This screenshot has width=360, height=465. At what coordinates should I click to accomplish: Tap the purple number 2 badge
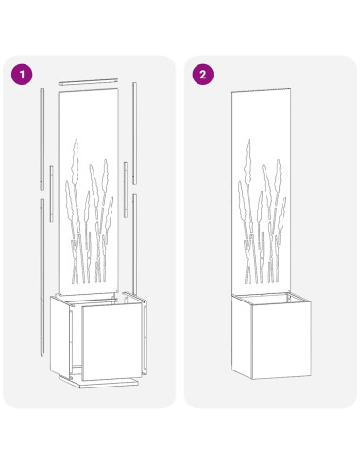tap(202, 73)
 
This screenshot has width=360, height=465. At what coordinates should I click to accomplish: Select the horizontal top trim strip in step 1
tap(88, 84)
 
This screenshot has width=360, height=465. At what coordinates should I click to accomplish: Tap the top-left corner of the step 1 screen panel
tap(59, 92)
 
